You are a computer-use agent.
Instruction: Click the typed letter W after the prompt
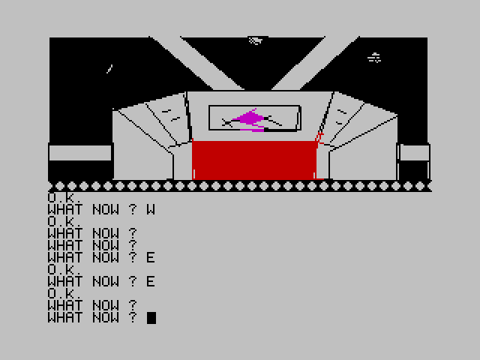(151, 209)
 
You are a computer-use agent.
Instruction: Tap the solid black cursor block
(151, 318)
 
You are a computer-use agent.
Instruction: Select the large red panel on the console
(254, 160)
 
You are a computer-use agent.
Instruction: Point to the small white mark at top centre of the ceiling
(256, 40)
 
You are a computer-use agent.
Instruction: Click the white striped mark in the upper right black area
(374, 58)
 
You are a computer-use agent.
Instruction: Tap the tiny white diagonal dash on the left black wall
(109, 69)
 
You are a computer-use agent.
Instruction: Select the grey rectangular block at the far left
(80, 153)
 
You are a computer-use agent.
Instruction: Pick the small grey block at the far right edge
(415, 153)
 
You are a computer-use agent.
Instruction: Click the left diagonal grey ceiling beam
(196, 63)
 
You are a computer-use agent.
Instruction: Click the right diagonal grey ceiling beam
(315, 63)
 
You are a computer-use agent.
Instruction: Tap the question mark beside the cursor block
(133, 317)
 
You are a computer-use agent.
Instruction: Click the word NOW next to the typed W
(106, 209)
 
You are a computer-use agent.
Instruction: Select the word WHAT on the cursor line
(65, 317)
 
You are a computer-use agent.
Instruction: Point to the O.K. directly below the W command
(64, 221)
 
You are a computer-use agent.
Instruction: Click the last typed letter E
(151, 281)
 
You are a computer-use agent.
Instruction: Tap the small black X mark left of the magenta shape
(226, 123)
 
